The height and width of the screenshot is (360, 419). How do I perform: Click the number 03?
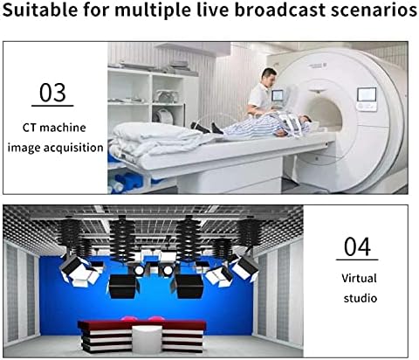pos(52,93)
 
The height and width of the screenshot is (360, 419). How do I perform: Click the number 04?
pos(357,246)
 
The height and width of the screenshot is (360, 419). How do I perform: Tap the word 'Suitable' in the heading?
pos(40,10)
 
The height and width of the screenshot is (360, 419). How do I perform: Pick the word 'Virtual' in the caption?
pos(359,278)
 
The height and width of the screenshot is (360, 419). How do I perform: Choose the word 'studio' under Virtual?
pos(361,298)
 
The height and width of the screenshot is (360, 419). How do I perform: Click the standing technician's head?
pos(269,77)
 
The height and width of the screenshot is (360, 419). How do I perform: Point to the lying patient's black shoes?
pos(206,128)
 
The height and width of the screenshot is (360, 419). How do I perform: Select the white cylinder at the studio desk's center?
pos(147,338)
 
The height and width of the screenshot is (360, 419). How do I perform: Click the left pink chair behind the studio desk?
pos(129,319)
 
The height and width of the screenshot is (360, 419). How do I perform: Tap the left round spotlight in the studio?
pos(139,271)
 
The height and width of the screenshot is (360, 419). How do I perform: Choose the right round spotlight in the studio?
pos(168,271)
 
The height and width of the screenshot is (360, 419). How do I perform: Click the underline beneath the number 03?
pos(52,106)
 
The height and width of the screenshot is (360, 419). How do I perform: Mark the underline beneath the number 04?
pos(357,260)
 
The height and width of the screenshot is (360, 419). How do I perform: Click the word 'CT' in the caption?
pos(29,128)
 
